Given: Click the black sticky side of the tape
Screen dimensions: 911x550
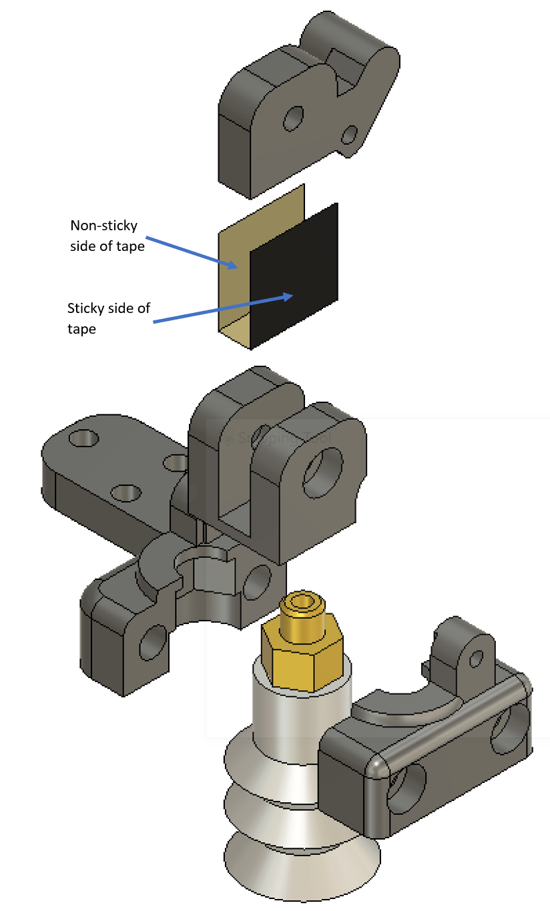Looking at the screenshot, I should pos(294,274).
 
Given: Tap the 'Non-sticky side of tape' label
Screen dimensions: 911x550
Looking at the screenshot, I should pos(107,236).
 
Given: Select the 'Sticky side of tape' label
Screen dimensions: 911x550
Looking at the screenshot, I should pos(108,318).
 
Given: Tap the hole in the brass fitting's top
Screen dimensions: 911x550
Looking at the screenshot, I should pos(304,603).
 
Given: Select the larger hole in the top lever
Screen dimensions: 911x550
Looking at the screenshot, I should pos(292,119).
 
